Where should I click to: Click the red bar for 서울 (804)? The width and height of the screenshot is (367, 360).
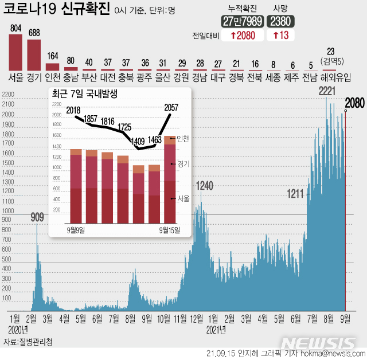15,52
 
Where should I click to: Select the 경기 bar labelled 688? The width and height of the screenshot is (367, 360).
34,54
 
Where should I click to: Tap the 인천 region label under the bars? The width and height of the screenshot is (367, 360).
53,76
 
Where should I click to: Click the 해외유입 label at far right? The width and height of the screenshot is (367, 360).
331,76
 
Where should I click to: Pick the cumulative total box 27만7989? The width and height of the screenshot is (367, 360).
243,21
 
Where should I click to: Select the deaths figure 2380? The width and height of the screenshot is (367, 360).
282,21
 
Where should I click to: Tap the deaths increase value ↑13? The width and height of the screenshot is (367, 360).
282,36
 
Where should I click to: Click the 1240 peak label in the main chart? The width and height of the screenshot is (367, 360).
205,186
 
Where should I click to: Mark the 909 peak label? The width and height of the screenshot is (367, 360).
37,217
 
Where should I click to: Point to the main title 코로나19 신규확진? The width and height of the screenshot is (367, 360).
57,10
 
